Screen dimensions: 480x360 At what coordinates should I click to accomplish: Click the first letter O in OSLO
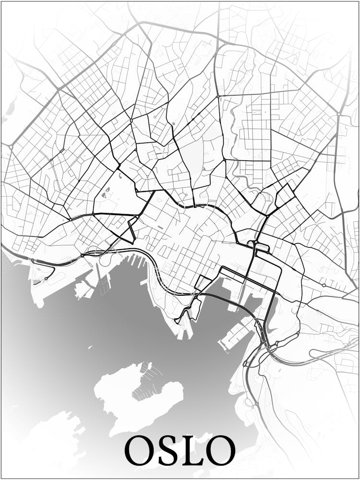[140, 450]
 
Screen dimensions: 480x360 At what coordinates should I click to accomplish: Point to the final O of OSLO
[221, 450]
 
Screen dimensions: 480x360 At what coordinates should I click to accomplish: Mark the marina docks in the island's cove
[146, 384]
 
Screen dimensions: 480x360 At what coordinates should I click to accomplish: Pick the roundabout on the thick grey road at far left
[10, 145]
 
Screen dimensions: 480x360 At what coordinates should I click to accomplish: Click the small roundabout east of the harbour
[324, 285]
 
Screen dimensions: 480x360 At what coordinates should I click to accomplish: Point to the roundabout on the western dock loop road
[47, 278]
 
